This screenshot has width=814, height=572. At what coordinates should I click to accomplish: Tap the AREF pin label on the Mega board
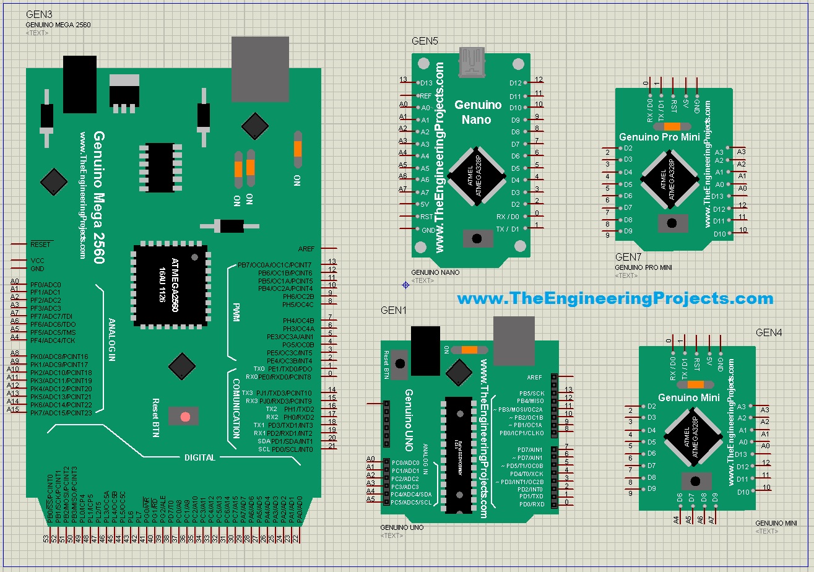[x=306, y=248]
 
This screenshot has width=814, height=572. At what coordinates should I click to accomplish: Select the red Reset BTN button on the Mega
[x=184, y=416]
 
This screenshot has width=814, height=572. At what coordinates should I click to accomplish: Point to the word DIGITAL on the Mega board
[x=200, y=457]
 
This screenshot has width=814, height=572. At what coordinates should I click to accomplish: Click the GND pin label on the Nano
[x=428, y=229]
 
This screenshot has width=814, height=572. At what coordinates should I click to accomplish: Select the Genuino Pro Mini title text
[x=660, y=137]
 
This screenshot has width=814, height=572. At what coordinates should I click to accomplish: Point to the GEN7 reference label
[x=628, y=257]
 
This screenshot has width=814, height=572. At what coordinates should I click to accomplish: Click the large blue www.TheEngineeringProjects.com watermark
[x=615, y=298]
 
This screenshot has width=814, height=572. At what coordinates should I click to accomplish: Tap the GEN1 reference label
[x=392, y=310]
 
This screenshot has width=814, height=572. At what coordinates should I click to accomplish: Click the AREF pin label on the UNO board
[x=534, y=377]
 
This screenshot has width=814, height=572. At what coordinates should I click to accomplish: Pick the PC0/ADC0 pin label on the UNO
[x=406, y=462]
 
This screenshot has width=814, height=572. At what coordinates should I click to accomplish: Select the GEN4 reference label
[x=769, y=332]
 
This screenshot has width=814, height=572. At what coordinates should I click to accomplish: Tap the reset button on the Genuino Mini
[x=695, y=481]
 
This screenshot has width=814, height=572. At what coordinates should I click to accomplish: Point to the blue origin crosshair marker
[x=405, y=285]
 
